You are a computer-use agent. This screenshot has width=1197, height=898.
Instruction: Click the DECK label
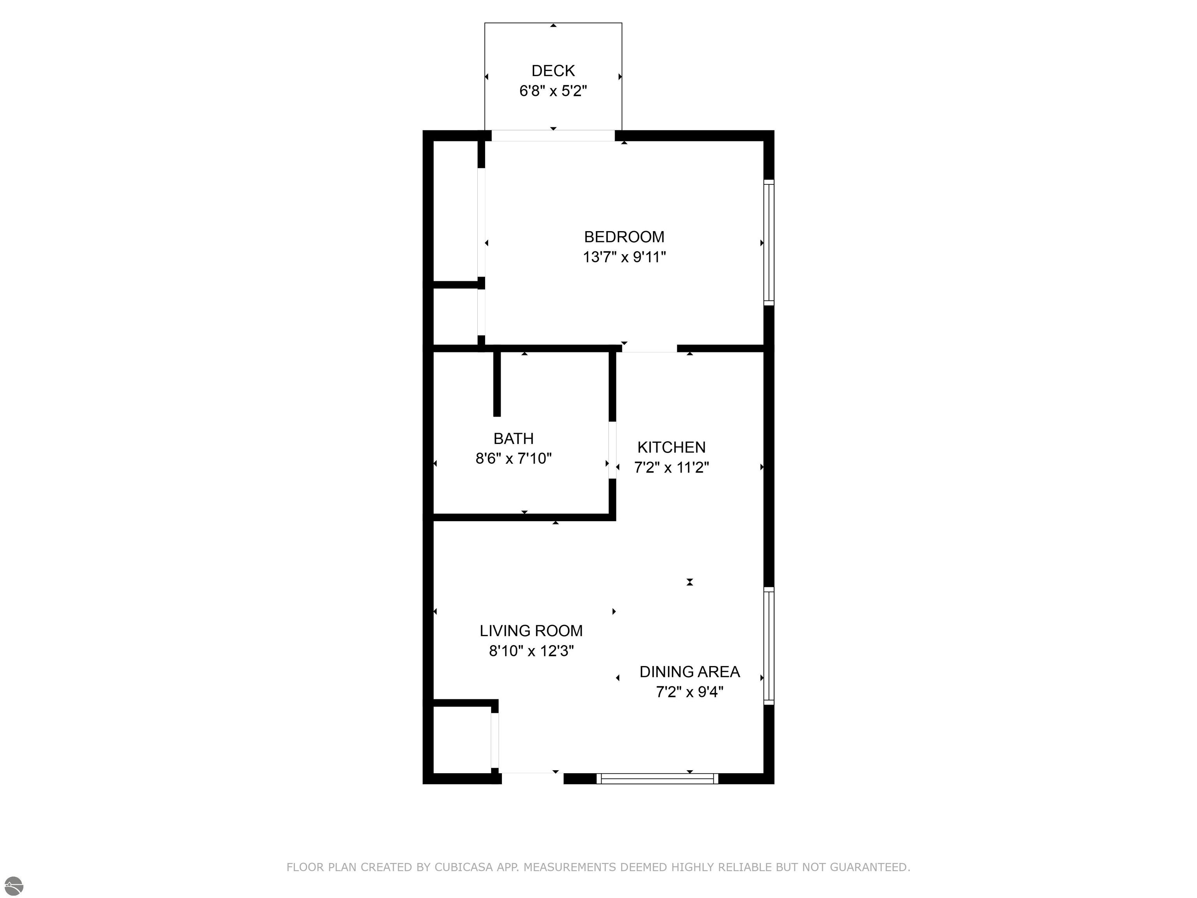pos(553,71)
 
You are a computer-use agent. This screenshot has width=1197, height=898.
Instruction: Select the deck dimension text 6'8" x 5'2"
pos(553,91)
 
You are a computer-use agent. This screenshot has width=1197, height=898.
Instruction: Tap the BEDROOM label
pos(624,237)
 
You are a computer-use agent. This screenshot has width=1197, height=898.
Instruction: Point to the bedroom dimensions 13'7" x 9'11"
pos(624,257)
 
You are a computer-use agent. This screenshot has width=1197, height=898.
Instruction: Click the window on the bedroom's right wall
pos(768,242)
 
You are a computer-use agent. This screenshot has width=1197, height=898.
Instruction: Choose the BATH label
pos(513,438)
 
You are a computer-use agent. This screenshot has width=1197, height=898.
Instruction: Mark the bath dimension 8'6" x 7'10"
pos(513,458)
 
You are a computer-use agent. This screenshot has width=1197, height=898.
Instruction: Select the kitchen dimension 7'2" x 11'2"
pos(671,467)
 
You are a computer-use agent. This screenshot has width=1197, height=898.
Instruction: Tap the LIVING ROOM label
pos(531,631)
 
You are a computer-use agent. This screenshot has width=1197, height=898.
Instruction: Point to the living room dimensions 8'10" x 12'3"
pos(531,651)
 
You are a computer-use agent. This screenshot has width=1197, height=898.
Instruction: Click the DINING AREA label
pos(689,672)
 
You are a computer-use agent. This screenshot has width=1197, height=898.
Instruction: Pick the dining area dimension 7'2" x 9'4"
pos(689,692)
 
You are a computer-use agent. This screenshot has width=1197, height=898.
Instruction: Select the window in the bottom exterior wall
pos(657,778)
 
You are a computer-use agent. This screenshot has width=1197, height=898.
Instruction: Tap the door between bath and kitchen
pos(612,450)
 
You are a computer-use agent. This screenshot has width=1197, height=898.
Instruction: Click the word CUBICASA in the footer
pos(464,867)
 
